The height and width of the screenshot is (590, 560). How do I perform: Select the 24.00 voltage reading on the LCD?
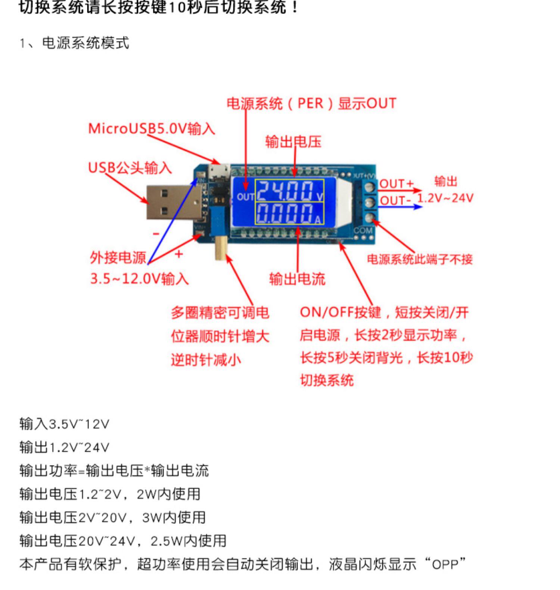click(x=285, y=190)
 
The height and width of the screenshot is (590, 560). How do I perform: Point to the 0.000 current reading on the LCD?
click(x=285, y=213)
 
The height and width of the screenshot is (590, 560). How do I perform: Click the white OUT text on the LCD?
click(x=245, y=197)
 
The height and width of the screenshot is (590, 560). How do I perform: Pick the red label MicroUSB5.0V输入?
click(x=151, y=128)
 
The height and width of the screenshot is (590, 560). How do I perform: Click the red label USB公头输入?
click(x=130, y=168)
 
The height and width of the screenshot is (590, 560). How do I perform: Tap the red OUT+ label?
click(x=396, y=184)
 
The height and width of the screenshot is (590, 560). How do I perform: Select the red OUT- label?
click(x=395, y=201)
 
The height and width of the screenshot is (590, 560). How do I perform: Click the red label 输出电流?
click(x=297, y=279)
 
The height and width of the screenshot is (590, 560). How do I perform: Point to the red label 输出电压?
click(x=293, y=142)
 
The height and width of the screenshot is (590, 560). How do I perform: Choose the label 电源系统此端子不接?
click(x=420, y=259)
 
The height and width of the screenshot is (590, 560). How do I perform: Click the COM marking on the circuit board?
click(x=363, y=230)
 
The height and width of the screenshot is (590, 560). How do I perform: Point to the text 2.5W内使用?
click(x=188, y=541)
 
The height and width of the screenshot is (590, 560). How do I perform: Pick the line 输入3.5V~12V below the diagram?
click(x=64, y=424)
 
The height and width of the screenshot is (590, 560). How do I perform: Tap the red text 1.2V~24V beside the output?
click(x=445, y=198)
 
